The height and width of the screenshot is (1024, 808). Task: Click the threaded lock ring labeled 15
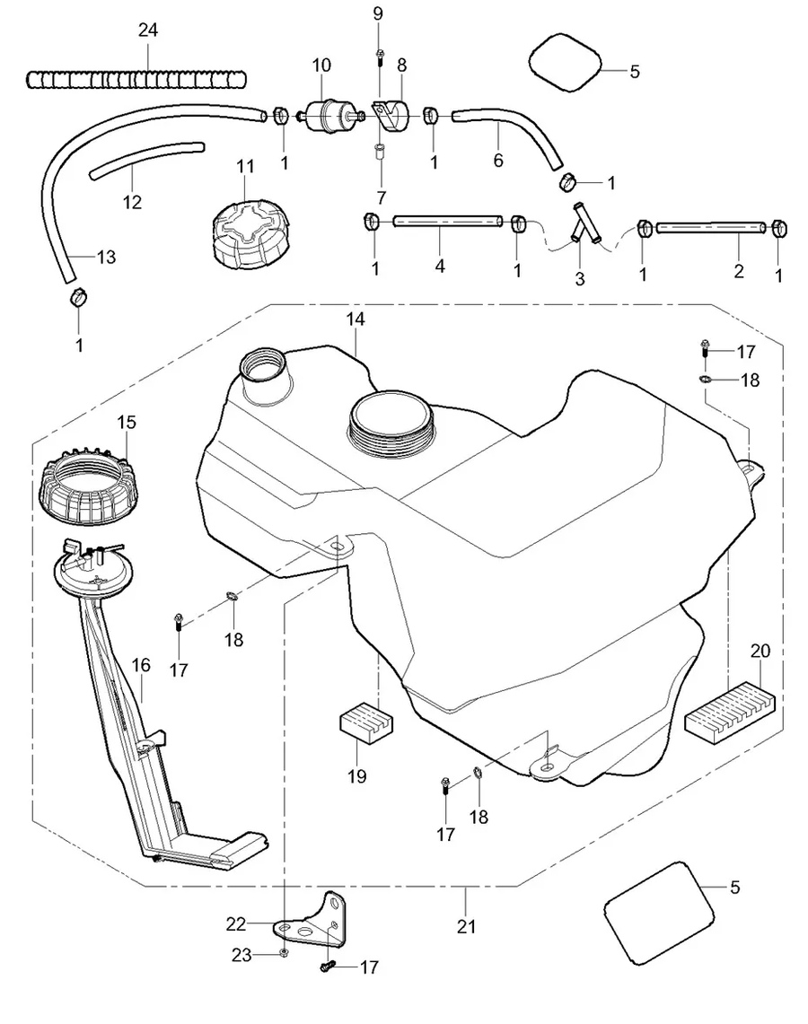(x=88, y=489)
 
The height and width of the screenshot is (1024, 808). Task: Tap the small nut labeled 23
(x=284, y=952)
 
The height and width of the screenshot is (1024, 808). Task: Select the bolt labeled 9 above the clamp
(x=380, y=53)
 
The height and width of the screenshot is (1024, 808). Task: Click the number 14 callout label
(x=356, y=319)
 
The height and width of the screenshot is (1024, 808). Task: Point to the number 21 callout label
(x=467, y=926)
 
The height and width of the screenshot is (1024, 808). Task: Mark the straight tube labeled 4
(x=446, y=221)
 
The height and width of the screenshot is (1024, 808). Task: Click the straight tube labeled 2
(x=710, y=228)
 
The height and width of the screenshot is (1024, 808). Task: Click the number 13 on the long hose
(x=106, y=258)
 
